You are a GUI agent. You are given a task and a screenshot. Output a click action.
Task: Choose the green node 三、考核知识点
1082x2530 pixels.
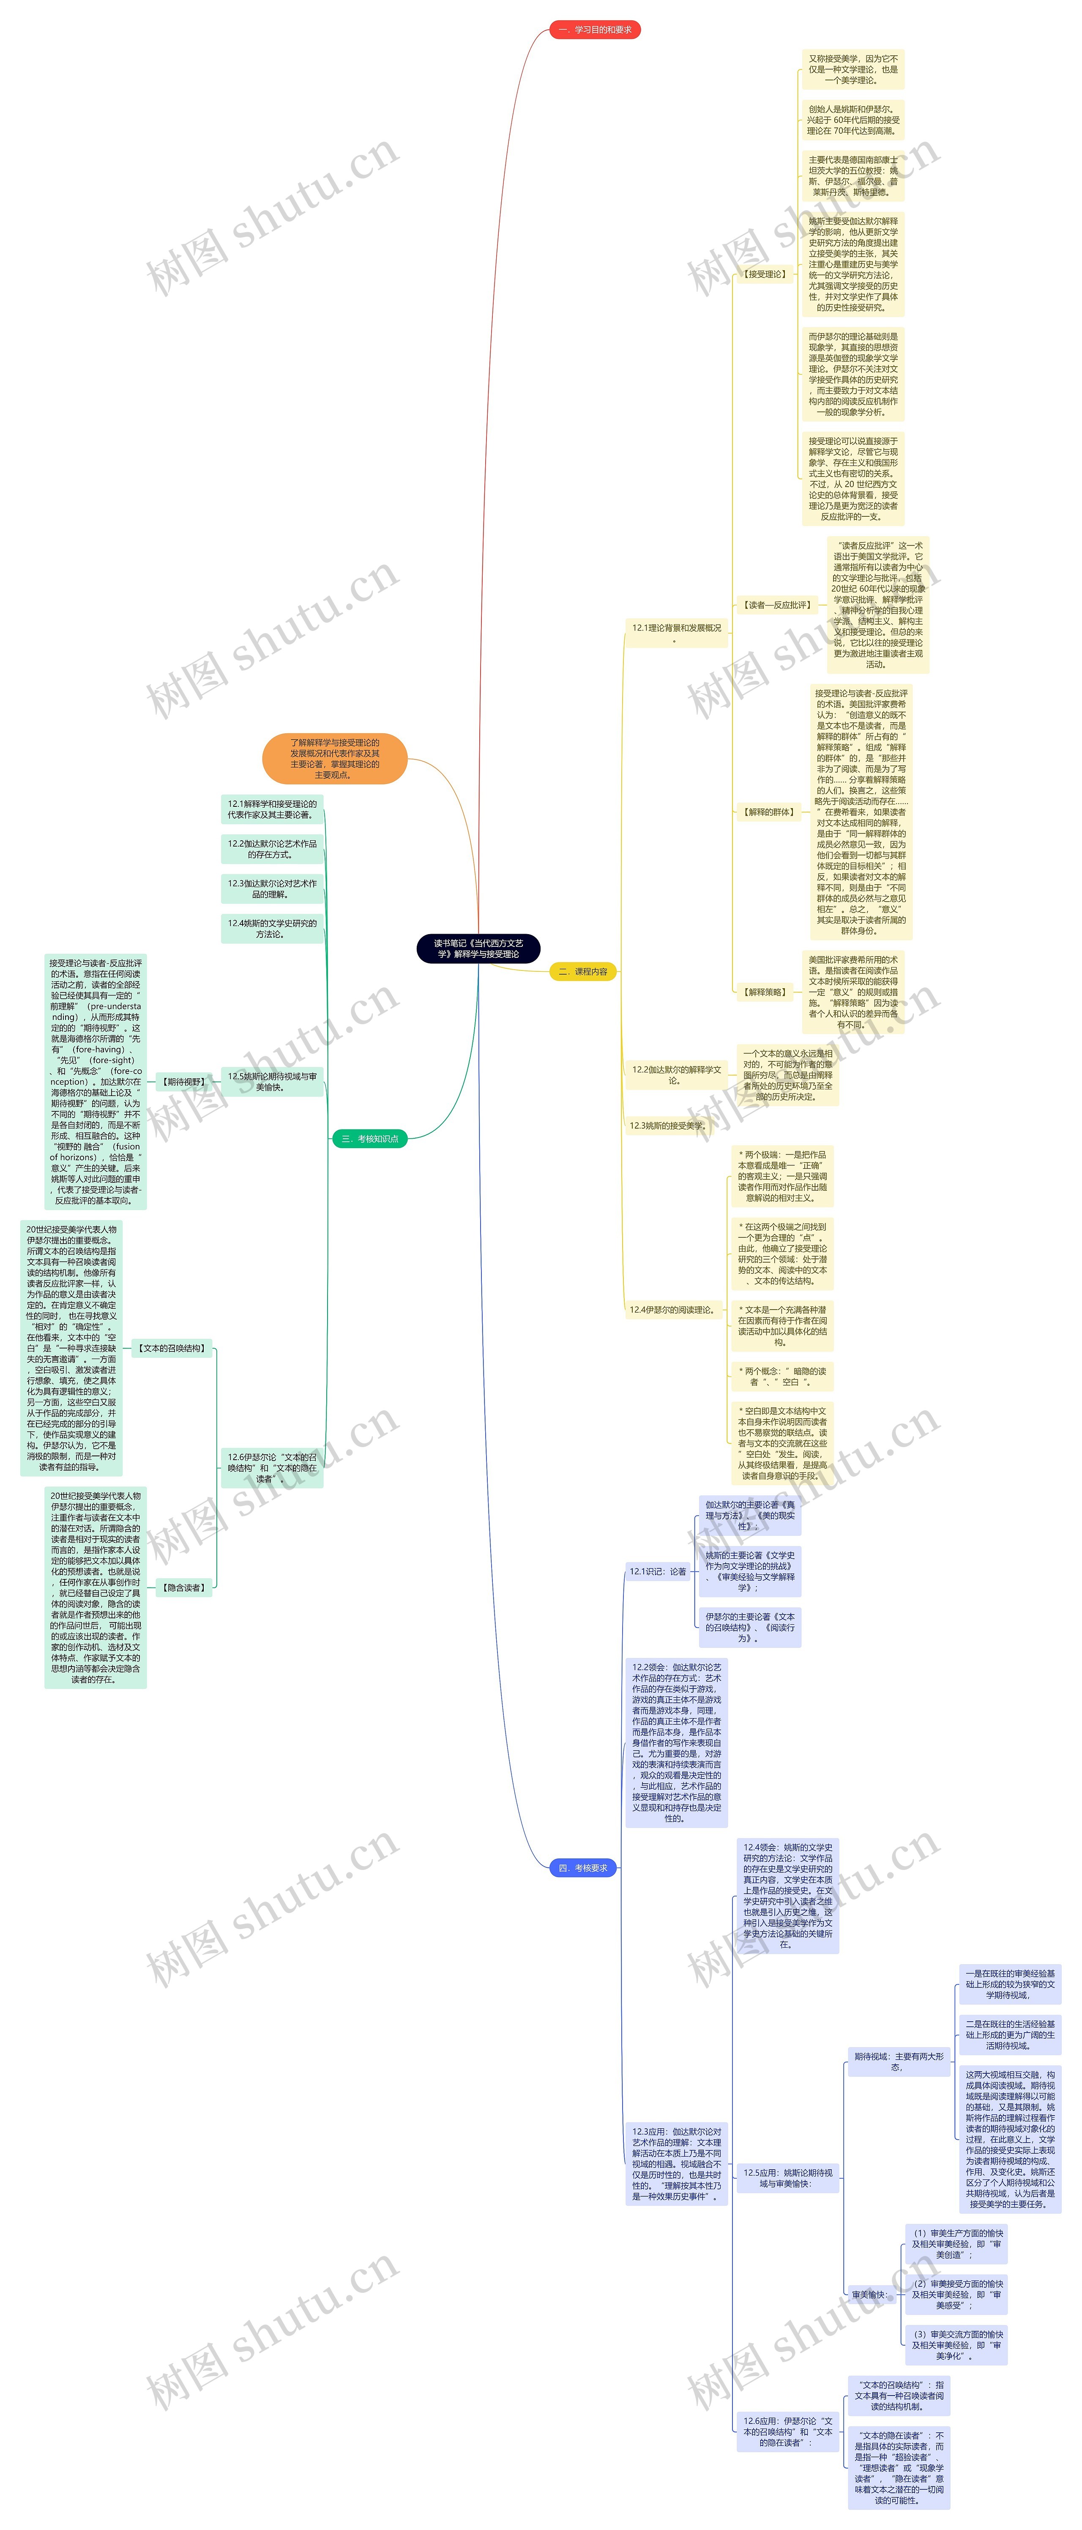click(369, 1138)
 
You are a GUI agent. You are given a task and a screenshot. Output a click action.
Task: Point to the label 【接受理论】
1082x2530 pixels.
click(765, 274)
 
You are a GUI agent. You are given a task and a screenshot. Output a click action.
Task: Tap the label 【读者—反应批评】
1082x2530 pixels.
click(776, 605)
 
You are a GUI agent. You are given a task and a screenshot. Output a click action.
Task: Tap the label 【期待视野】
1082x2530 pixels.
click(183, 1081)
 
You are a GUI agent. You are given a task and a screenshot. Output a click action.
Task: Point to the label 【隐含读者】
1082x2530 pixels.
click(183, 1587)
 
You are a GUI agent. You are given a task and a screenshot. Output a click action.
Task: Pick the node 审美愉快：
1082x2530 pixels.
click(870, 2295)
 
